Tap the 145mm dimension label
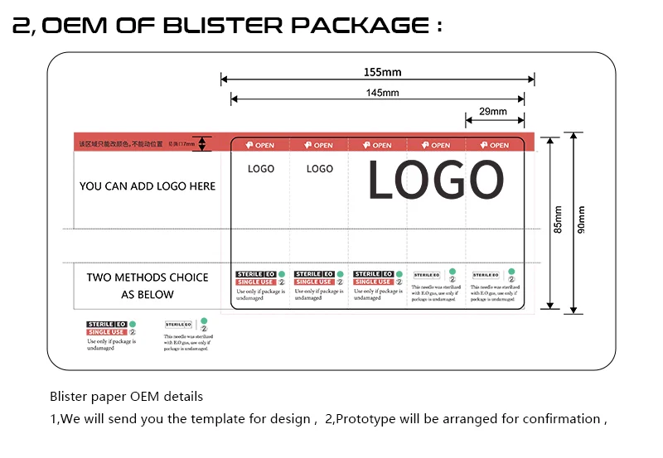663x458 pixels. tap(382, 93)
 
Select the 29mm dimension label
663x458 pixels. tap(493, 112)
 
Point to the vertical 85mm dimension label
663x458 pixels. tap(558, 219)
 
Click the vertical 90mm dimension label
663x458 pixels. tap(581, 219)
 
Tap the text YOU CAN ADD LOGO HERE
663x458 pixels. tap(148, 186)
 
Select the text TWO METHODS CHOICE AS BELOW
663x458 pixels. tap(148, 286)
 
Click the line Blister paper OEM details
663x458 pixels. tap(126, 397)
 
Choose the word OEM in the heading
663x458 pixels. tap(75, 26)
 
